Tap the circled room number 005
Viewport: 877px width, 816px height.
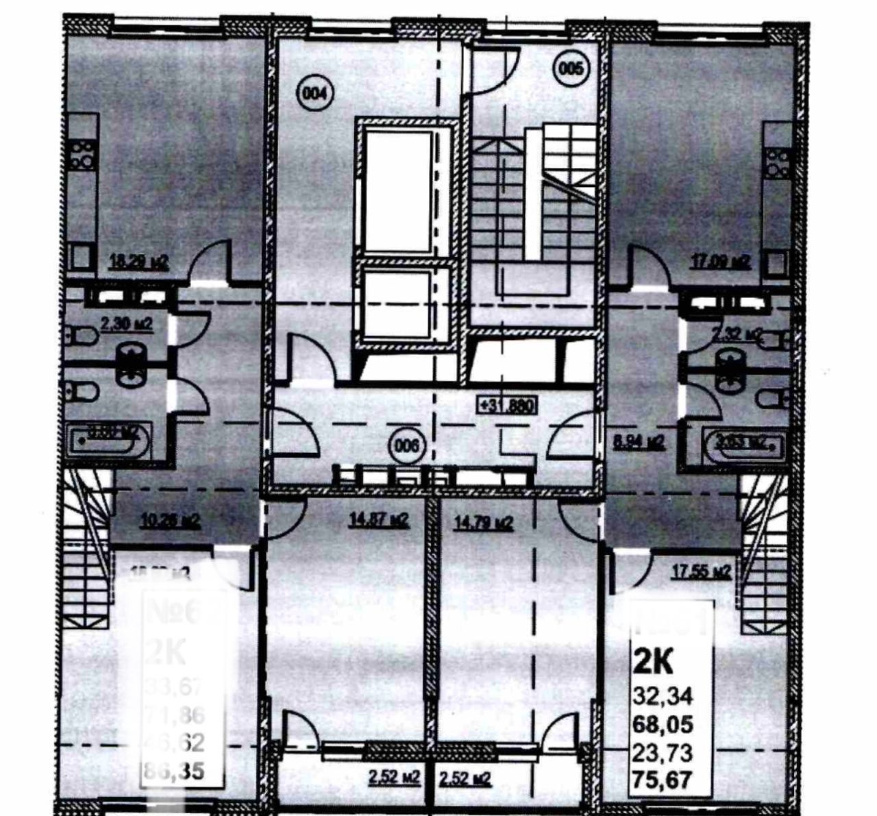[570, 68]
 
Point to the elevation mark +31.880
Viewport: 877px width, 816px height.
[507, 405]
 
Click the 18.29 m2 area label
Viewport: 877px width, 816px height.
[140, 261]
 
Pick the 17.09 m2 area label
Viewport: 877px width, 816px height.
[721, 261]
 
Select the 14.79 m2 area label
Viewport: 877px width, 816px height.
[483, 522]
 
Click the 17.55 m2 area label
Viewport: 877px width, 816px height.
[699, 571]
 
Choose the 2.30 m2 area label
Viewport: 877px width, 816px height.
[126, 323]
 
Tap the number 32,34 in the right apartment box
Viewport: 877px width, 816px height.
[663, 697]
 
